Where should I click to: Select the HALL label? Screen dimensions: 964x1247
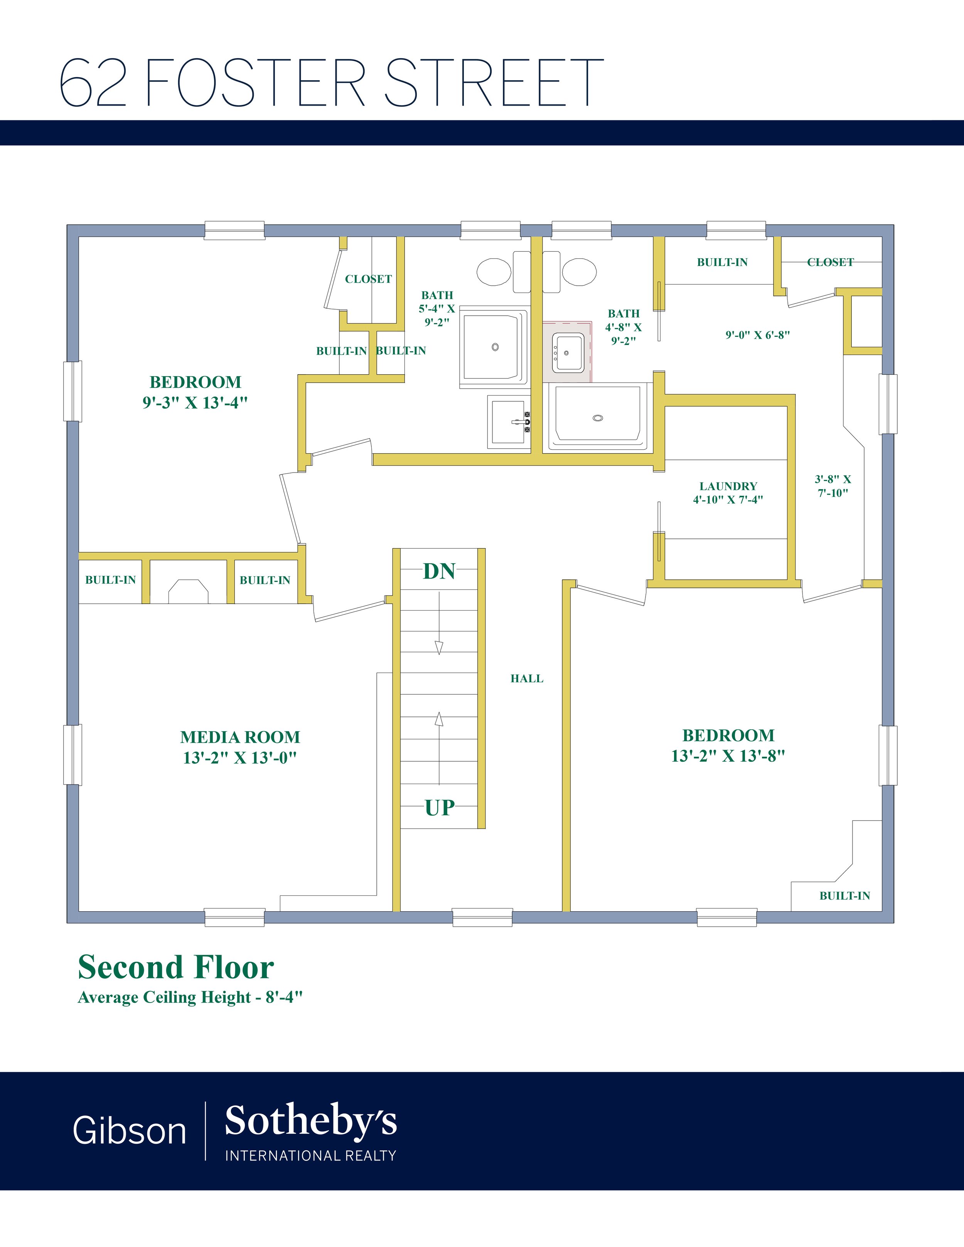point(527,678)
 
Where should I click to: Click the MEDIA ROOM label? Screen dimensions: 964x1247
point(240,737)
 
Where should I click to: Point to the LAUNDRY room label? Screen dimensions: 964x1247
point(728,486)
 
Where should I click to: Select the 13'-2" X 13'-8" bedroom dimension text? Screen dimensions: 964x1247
point(728,756)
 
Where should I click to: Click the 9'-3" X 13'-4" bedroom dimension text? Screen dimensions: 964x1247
point(195,402)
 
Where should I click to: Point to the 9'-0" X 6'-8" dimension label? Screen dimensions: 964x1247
point(757,335)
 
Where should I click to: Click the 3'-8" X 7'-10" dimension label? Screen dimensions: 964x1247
point(833,486)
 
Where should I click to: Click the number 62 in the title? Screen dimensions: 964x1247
point(93,83)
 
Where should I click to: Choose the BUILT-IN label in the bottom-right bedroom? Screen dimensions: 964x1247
point(844,896)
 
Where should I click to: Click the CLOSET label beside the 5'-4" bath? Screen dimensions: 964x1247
point(368,279)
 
